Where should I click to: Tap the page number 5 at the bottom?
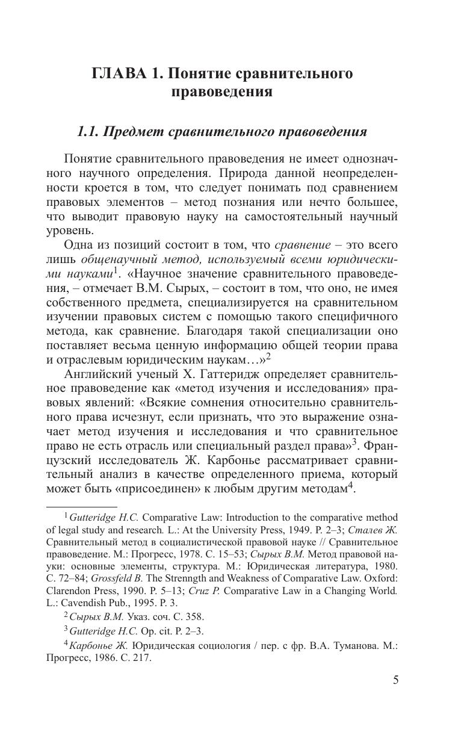[395, 680]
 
